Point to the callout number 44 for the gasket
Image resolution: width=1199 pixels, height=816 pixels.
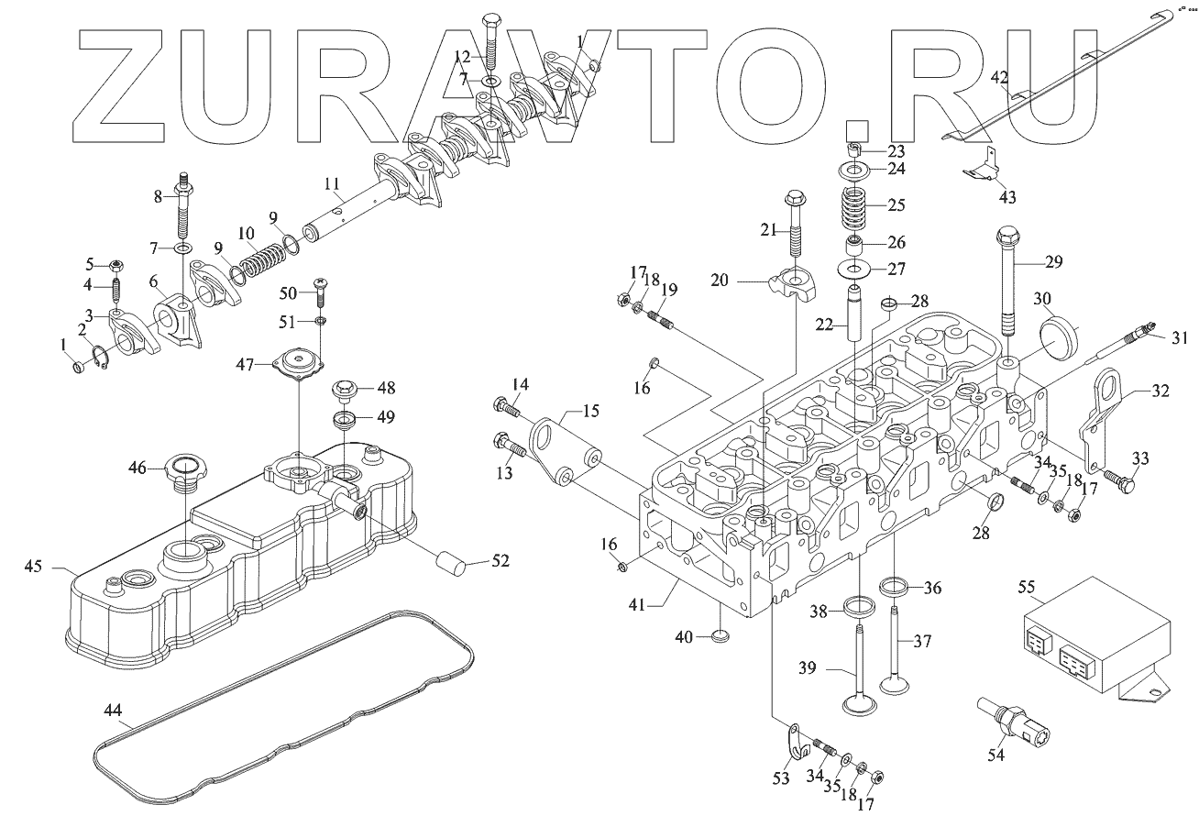(113, 710)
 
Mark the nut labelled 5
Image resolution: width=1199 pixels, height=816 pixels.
(116, 267)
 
